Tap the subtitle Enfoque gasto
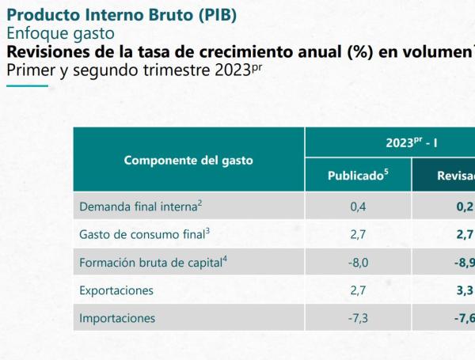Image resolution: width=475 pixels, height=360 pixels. [60, 33]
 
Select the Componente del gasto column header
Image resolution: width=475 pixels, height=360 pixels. [188, 160]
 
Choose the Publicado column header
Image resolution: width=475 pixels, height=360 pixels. [358, 175]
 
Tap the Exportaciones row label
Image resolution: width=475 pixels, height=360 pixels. [116, 290]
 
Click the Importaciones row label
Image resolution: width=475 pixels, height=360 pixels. [117, 318]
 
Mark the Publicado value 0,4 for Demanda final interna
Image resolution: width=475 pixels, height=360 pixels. [358, 206]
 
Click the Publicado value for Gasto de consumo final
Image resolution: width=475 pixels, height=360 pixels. [358, 233]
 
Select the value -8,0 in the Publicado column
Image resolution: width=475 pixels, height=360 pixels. [358, 262]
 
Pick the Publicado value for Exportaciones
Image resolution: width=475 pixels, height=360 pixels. [358, 290]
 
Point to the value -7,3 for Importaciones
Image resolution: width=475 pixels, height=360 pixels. [358, 318]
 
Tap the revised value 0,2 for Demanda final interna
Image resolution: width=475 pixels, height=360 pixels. [464, 206]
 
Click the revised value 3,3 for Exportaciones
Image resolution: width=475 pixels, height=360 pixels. [464, 290]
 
